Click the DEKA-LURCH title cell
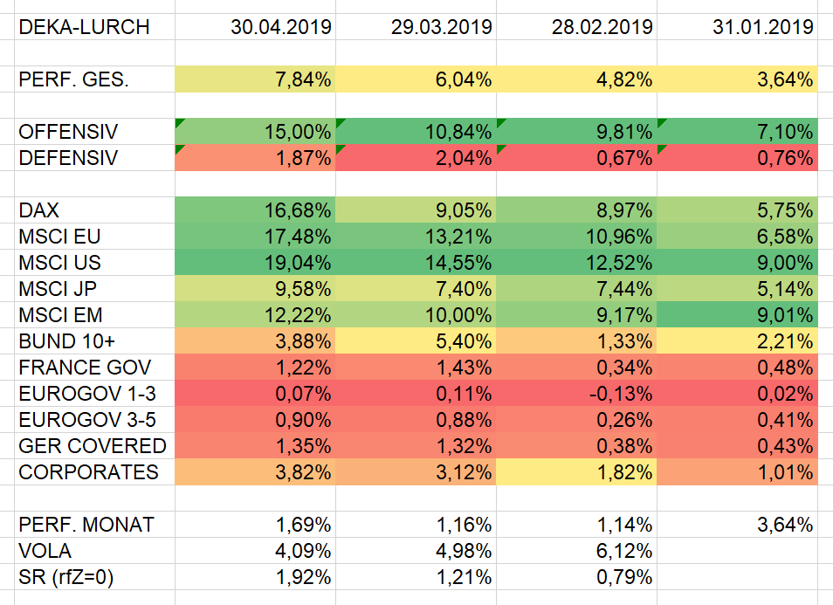tap(84, 27)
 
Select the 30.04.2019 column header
tap(281, 27)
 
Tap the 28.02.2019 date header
tap(602, 27)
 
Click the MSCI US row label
tap(60, 263)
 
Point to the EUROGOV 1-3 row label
tap(87, 394)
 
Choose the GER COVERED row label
tap(93, 446)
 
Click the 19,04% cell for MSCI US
tap(298, 263)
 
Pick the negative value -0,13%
tap(620, 394)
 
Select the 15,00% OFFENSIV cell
tap(298, 132)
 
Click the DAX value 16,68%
tap(298, 210)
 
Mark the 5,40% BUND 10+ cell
tap(463, 341)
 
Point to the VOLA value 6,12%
tap(623, 551)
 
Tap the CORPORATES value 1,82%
tap(623, 472)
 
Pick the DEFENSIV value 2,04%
tap(463, 158)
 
